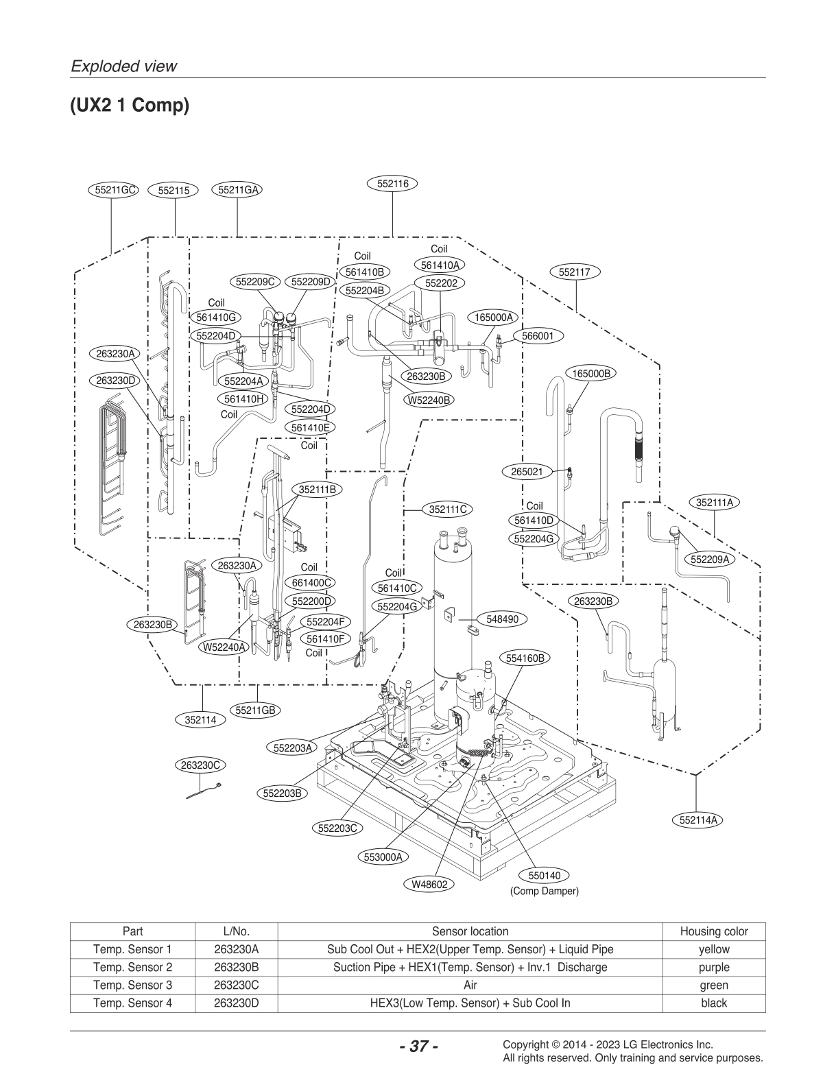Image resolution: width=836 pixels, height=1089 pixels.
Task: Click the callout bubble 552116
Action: point(392,184)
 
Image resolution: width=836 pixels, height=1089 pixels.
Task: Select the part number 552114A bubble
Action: point(697,819)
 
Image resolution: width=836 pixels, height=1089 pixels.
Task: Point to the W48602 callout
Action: point(429,885)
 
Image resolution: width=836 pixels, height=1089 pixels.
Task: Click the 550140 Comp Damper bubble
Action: point(544,876)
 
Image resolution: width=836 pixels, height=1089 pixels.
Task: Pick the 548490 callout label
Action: point(502,619)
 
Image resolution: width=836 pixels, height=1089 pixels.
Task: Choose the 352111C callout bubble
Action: point(447,510)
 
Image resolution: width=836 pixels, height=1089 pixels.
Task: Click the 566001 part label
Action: point(538,336)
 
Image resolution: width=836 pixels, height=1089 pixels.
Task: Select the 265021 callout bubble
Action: point(527,472)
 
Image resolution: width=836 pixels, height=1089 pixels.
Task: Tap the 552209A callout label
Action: point(709,559)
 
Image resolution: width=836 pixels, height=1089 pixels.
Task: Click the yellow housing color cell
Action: point(713,950)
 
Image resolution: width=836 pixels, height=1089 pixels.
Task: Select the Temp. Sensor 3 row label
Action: point(132,985)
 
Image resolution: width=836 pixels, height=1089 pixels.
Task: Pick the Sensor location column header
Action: point(470,931)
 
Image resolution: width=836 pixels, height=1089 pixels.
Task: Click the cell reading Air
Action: point(470,985)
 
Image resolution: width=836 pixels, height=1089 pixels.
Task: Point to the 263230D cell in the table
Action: point(236,1003)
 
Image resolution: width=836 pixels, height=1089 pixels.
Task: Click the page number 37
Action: point(418,1046)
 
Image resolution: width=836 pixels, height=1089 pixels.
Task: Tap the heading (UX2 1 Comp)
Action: point(129,106)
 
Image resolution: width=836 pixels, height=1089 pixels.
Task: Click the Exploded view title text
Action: point(123,67)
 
